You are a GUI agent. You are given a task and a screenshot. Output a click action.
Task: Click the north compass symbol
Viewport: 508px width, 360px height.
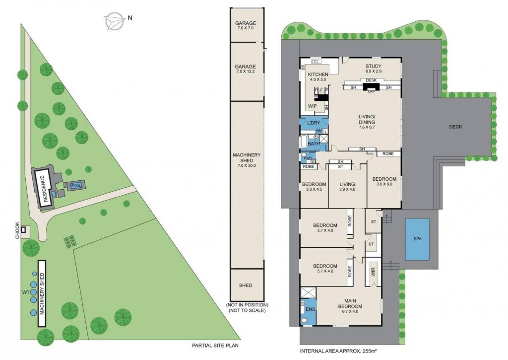click(115, 21)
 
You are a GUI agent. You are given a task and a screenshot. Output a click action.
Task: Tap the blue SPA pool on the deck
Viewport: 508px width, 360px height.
click(417, 239)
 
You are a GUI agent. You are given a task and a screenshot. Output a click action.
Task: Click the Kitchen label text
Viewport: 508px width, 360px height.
click(318, 74)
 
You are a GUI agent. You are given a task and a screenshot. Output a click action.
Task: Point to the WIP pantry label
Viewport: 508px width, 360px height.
click(313, 106)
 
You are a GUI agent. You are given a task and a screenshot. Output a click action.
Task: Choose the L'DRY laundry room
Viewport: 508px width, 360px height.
click(314, 123)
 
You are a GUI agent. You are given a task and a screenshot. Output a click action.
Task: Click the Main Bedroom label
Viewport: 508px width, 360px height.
click(350, 303)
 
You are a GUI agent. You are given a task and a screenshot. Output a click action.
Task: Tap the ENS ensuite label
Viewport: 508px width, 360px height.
click(310, 309)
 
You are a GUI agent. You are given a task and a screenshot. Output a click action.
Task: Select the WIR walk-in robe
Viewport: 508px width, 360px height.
click(373, 272)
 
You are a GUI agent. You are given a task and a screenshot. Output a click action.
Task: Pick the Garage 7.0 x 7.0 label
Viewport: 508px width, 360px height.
click(246, 25)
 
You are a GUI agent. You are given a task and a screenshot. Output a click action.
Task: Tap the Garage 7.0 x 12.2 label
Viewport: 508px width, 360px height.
click(246, 69)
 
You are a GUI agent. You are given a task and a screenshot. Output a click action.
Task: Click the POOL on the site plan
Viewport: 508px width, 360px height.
click(76, 186)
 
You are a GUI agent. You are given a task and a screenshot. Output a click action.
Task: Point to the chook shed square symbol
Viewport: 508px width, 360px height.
click(23, 229)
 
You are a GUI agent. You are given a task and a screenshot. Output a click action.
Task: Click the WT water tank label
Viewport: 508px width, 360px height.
click(26, 292)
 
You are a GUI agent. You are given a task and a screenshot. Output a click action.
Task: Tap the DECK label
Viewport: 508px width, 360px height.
click(455, 127)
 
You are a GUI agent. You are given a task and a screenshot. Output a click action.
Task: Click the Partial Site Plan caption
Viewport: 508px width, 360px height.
click(215, 346)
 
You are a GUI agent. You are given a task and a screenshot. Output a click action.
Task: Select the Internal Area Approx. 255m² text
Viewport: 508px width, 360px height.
click(338, 351)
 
